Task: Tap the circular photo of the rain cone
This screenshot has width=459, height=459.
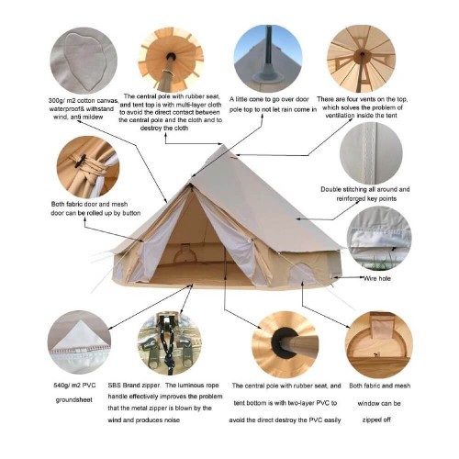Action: click(x=268, y=59)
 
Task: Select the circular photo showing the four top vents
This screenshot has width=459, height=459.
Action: click(x=361, y=59)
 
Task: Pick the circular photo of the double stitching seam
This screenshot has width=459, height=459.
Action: click(x=371, y=153)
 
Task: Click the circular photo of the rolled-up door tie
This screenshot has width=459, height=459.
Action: click(x=88, y=167)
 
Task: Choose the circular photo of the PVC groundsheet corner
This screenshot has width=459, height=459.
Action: click(x=79, y=342)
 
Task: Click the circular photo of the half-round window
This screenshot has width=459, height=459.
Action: click(x=379, y=344)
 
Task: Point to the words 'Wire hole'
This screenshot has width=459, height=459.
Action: click(x=377, y=278)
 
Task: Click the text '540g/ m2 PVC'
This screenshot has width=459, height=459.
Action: click(x=74, y=386)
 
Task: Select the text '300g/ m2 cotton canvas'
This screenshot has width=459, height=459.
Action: click(x=84, y=101)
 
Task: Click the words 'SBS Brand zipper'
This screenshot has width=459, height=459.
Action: click(x=134, y=386)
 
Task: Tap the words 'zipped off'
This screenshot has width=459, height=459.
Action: click(x=376, y=420)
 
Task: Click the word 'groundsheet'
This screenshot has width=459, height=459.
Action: click(x=73, y=399)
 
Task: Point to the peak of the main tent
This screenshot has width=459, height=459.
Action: click(x=223, y=145)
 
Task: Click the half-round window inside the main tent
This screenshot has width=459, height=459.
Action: click(x=185, y=254)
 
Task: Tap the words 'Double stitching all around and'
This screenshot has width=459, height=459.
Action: click(x=365, y=189)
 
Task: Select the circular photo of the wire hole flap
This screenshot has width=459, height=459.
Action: click(x=379, y=239)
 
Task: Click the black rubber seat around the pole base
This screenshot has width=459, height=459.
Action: click(x=284, y=343)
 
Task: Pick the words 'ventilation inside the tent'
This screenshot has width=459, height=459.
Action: click(x=361, y=116)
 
